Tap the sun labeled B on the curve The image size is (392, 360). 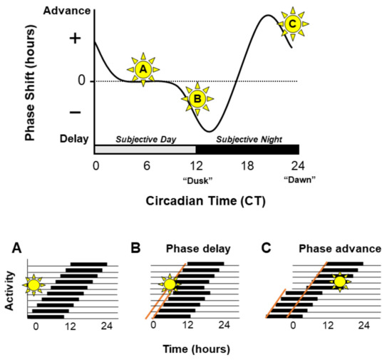[x=197, y=101]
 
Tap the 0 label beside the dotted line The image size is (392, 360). [x=82, y=81]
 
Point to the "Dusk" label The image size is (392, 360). [x=196, y=180]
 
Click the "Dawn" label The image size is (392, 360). [x=299, y=180]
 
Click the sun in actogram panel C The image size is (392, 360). [x=339, y=282]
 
